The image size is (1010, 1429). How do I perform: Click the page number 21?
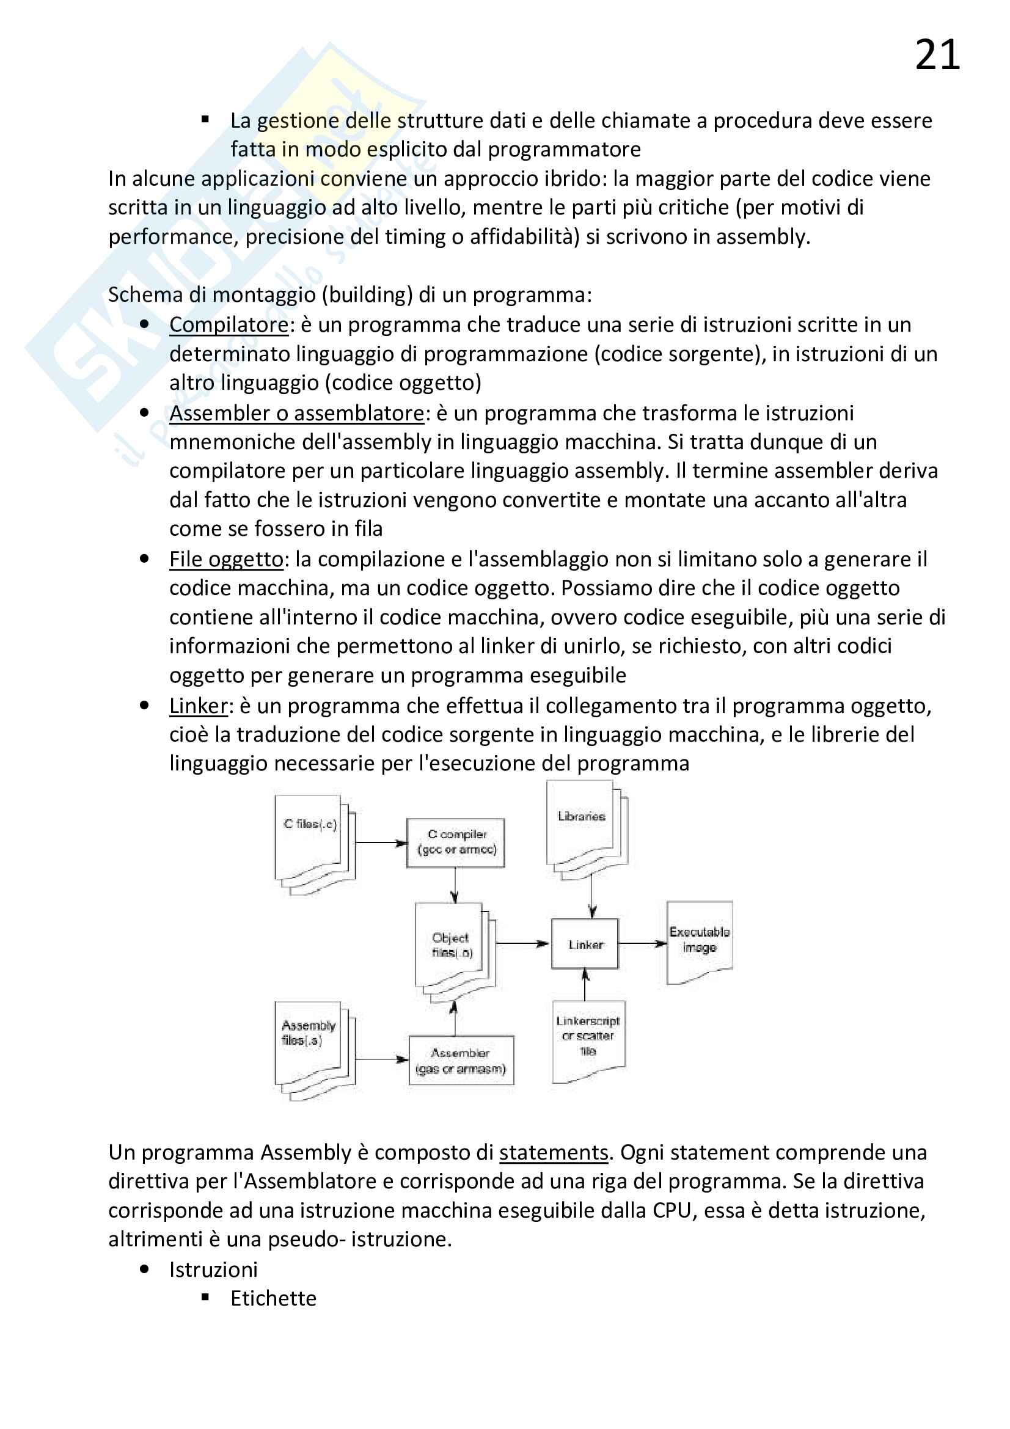click(x=937, y=55)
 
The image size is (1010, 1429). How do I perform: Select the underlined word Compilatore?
click(x=229, y=324)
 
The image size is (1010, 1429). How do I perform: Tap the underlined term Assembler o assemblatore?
click(x=297, y=412)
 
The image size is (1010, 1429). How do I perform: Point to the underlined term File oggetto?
click(x=227, y=559)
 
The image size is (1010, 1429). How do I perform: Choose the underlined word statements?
click(x=553, y=1152)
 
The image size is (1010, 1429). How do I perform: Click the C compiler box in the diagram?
click(x=456, y=842)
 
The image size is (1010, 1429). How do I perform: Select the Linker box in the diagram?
click(x=585, y=943)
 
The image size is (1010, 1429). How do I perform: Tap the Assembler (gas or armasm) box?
click(x=461, y=1061)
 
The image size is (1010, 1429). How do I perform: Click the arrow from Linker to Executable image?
click(x=642, y=943)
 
